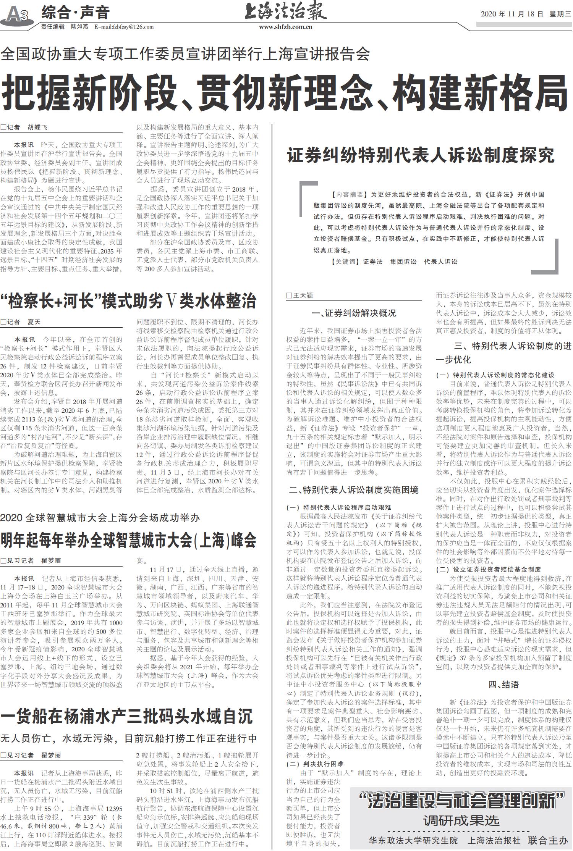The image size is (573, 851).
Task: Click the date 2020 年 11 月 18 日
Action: [x=511, y=14]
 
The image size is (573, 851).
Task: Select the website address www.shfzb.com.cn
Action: [x=285, y=27]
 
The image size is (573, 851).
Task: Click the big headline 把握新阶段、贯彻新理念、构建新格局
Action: [x=285, y=93]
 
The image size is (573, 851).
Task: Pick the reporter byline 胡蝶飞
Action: [x=37, y=128]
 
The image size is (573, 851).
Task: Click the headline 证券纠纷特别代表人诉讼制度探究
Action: [x=421, y=155]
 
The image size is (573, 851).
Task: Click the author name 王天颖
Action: [x=303, y=296]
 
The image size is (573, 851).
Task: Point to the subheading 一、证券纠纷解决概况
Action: [x=354, y=313]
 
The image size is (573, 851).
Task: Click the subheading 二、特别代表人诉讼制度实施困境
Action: [x=354, y=490]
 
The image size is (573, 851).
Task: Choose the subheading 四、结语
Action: [x=503, y=685]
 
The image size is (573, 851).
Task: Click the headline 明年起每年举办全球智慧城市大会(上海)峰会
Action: [x=128, y=540]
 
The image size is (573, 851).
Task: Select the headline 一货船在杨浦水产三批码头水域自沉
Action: [x=126, y=716]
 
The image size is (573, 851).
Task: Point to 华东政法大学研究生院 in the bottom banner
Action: [x=413, y=840]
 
